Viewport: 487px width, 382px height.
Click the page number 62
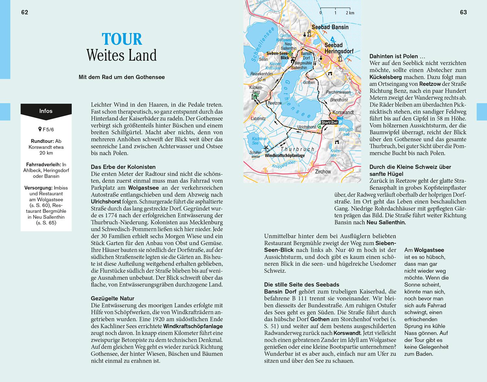[25, 12]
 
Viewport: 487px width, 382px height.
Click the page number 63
[463, 12]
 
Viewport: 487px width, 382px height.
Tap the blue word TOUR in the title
[122, 39]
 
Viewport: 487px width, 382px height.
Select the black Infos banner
[46, 111]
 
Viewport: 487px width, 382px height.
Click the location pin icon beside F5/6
[40, 130]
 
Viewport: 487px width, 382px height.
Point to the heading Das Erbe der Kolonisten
[123, 167]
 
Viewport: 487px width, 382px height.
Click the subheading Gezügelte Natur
[112, 299]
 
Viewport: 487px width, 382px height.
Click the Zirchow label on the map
[323, 172]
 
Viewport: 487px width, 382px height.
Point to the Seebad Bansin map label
[330, 27]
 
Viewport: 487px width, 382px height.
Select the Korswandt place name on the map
[343, 112]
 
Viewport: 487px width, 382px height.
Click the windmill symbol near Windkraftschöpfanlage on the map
[267, 149]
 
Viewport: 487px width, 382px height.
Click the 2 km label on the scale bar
[350, 13]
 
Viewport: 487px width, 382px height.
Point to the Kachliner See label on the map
[259, 141]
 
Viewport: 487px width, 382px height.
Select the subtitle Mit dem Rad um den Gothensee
[122, 77]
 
